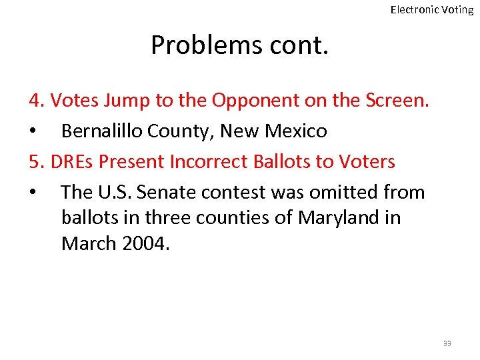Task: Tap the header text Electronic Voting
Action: click(431, 9)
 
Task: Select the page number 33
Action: click(447, 343)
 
